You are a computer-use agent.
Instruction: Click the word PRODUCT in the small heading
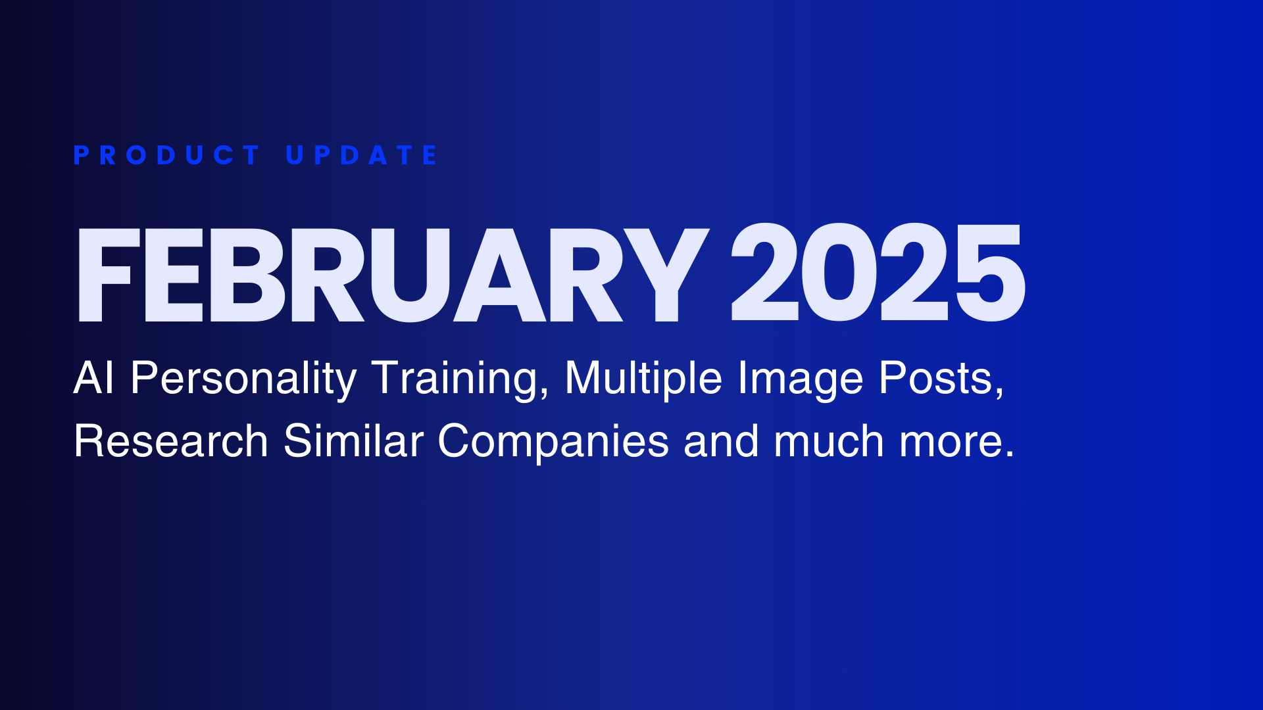point(167,155)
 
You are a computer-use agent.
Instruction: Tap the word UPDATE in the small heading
point(362,155)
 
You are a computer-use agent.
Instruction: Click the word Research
point(171,440)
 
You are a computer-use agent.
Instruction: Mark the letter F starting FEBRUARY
point(109,275)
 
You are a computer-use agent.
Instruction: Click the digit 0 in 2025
point(840,272)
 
